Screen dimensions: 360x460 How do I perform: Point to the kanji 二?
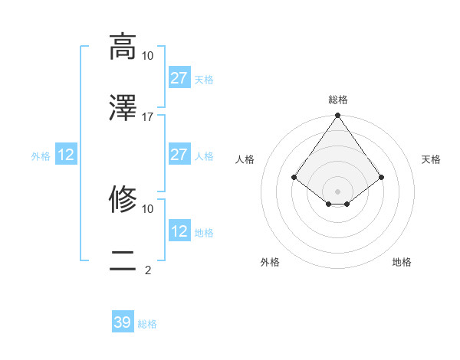click(123, 261)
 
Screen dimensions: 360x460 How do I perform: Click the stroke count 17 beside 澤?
click(148, 116)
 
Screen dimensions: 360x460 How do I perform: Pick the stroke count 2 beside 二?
click(148, 270)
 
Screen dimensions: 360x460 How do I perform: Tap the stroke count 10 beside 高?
click(148, 55)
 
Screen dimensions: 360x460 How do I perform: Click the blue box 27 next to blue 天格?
click(179, 78)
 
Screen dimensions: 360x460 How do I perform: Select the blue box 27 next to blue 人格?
click(179, 155)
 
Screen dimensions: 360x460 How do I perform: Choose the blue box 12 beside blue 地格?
click(179, 231)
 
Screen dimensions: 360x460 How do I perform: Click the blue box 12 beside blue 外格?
click(66, 155)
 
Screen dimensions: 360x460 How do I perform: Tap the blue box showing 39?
click(123, 322)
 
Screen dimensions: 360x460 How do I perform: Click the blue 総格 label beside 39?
click(147, 324)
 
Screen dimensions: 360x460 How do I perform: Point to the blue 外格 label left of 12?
click(41, 156)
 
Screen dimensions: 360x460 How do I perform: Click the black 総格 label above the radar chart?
click(338, 100)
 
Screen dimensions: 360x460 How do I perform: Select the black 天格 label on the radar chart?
click(432, 159)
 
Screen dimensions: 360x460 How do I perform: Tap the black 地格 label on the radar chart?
click(402, 262)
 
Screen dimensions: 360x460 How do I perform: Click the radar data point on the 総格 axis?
click(338, 116)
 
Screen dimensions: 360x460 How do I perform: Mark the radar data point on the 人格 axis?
click(294, 177)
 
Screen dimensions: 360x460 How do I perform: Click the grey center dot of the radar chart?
click(338, 191)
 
